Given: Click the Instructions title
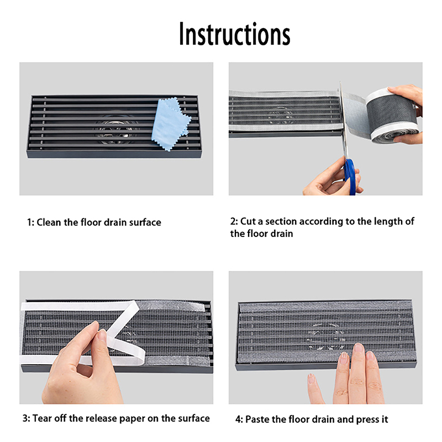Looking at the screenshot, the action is [234, 34].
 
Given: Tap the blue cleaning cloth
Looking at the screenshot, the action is [170, 124].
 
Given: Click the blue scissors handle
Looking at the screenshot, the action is [350, 177].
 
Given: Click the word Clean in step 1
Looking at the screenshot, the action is [49, 223].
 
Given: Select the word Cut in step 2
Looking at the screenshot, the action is [248, 222].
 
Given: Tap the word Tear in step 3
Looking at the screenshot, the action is [42, 419].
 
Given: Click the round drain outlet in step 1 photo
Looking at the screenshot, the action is [116, 130].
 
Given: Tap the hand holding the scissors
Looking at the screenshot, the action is [331, 178].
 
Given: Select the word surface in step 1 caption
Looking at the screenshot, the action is [145, 223].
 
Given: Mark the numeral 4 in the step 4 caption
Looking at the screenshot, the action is [238, 419].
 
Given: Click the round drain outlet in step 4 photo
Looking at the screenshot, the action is [327, 335].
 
